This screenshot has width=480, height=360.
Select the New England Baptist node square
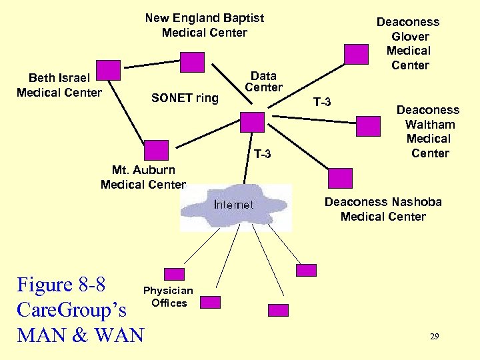tap(193, 62)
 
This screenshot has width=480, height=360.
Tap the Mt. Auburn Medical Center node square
tap(157, 151)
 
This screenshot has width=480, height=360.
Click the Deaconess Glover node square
tap(356, 53)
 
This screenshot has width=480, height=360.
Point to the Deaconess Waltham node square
tap(368, 127)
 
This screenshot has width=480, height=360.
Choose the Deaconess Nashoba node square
tap(341, 178)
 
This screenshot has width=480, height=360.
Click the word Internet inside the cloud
tap(233, 204)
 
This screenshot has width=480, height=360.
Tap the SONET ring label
tap(185, 98)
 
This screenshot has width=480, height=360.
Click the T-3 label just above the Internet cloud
tap(263, 155)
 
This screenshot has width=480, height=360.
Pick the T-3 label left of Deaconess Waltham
tap(322, 101)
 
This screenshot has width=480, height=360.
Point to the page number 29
tap(434, 337)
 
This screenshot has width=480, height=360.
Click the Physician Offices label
tap(169, 297)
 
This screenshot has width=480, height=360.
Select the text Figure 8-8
tap(61, 285)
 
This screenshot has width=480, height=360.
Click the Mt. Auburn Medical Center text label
tap(143, 177)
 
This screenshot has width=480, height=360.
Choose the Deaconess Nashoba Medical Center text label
tap(383, 209)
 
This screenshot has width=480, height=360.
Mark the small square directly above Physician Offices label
tap(174, 273)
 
